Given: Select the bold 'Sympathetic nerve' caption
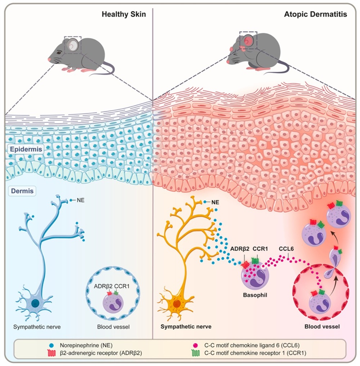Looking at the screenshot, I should pyautogui.click(x=185, y=327).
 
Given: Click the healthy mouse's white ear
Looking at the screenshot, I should pyautogui.click(x=73, y=45).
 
